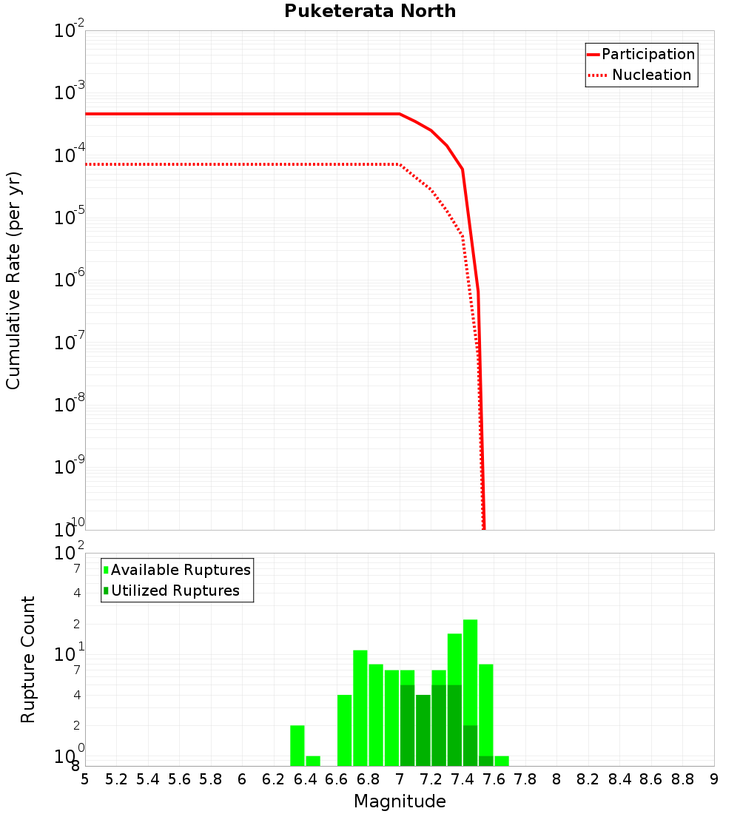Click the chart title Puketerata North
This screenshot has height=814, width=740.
[370, 11]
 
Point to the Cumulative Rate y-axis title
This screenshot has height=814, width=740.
[13, 280]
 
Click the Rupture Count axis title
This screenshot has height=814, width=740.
[28, 659]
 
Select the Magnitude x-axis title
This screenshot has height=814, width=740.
[400, 801]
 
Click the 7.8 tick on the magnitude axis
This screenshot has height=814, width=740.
[525, 779]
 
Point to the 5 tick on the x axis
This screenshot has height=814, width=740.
[85, 779]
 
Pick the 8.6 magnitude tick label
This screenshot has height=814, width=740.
[651, 779]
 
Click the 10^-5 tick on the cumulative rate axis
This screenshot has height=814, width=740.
[70, 218]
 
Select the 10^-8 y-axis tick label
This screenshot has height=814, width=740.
[70, 405]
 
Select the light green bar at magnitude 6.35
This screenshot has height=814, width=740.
[297, 745]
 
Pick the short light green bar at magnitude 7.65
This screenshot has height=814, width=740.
[502, 761]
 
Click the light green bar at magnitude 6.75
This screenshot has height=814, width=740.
[360, 707]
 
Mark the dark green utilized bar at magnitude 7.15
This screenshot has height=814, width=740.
[423, 730]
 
